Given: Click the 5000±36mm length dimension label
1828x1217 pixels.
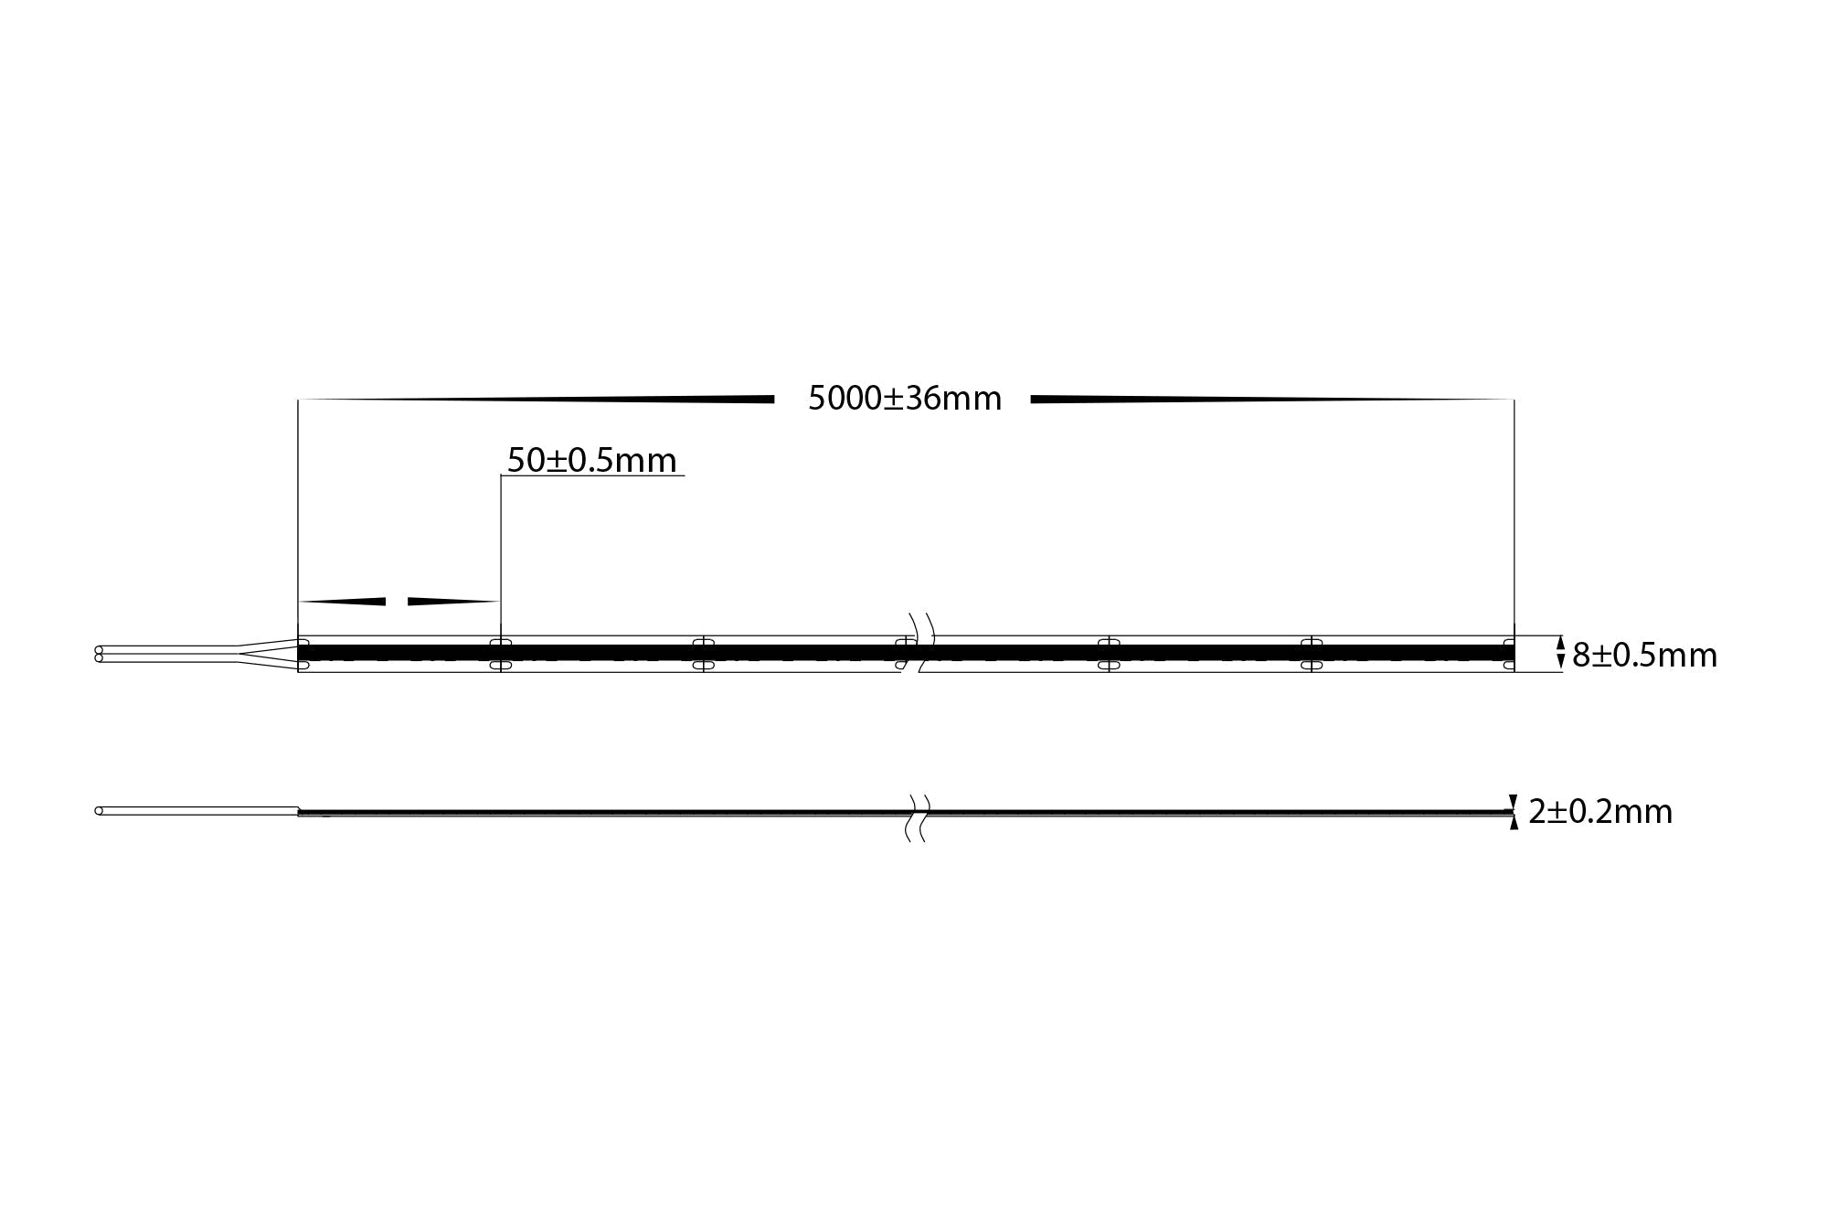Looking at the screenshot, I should coord(905,399).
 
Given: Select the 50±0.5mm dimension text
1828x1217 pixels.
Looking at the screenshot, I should coord(591,460).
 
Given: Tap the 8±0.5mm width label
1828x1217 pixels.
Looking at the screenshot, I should coord(1644,656).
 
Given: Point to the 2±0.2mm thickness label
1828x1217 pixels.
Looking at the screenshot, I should coord(1599,812).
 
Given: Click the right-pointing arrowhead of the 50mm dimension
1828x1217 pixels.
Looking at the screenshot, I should coord(452,602).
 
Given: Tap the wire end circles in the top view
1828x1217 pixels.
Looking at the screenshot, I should coord(99,654).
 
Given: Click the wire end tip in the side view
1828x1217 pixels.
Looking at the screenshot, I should coord(99,811).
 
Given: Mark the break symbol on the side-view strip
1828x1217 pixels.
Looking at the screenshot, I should coord(917,817).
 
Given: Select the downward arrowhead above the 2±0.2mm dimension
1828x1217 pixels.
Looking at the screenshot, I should coord(1514,801).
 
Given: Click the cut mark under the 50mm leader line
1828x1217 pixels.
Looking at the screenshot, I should coord(501,654).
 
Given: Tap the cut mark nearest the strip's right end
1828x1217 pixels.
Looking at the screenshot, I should coord(1311,654).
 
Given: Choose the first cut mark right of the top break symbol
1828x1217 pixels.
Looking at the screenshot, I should coord(1108,654).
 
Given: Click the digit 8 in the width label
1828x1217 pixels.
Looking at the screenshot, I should coord(1580,656).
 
